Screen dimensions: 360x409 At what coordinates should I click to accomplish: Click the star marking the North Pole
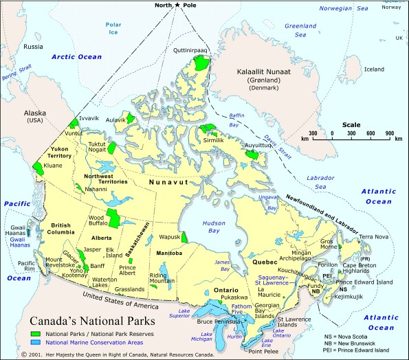178,5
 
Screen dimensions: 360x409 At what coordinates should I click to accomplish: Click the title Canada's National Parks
92,320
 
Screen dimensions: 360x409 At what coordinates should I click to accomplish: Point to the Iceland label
374,69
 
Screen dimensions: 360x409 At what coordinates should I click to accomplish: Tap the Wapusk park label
169,237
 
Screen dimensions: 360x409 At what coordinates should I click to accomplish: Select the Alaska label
34,115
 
